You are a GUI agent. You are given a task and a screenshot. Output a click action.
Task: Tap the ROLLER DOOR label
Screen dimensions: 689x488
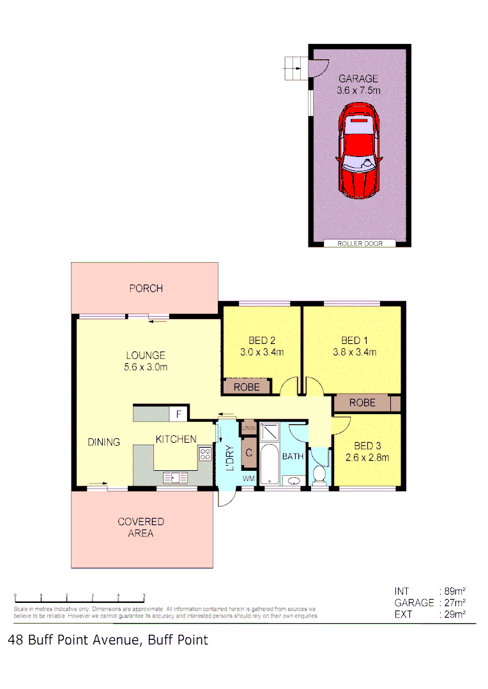[x=359, y=243]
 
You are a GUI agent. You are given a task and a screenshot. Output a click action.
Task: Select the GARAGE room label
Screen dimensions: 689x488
[x=358, y=79]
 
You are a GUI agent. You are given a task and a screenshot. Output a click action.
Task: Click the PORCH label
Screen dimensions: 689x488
[x=146, y=288]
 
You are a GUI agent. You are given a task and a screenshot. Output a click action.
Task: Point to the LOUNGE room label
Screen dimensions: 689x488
[x=146, y=355]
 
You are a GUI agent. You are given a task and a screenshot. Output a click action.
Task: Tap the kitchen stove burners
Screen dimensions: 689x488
[x=205, y=455]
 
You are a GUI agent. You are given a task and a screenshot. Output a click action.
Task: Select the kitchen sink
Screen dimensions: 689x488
[x=174, y=477]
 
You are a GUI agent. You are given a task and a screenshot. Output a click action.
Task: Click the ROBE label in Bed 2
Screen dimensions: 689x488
[x=247, y=387]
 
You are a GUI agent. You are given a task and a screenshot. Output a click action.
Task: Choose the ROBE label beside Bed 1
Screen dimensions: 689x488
[x=362, y=403]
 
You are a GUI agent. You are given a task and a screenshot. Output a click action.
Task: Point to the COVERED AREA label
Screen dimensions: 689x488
[x=141, y=528]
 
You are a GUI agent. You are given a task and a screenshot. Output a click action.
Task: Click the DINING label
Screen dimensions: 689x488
[x=103, y=442]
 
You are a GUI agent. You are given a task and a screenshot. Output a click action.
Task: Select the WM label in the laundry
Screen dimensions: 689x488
[x=248, y=478]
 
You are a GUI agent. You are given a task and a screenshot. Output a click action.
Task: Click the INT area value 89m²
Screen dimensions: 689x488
[x=452, y=591]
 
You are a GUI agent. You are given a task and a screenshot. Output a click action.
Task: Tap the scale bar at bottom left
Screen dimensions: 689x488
[x=79, y=600]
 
